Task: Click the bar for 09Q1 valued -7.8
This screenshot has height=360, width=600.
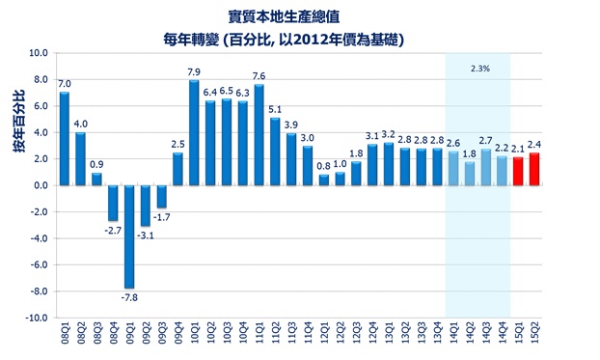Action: [129, 236]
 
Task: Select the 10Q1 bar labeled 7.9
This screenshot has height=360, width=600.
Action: [194, 133]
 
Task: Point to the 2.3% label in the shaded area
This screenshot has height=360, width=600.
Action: [478, 69]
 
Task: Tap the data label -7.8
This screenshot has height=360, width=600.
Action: [129, 297]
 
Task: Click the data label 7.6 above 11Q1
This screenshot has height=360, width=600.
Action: [259, 75]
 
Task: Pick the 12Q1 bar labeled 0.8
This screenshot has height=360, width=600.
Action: [323, 180]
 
